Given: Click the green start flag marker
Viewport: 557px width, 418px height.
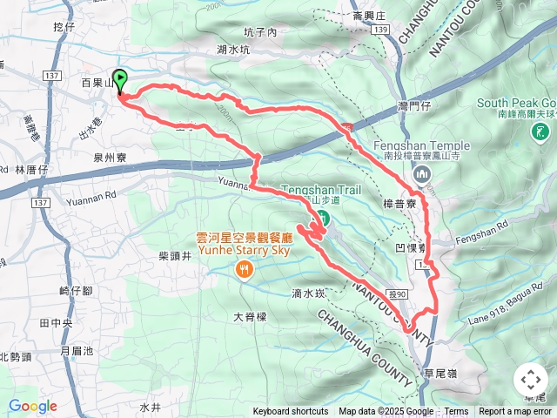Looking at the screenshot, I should point(119,79).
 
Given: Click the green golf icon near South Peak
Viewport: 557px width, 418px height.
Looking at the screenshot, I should point(541,132).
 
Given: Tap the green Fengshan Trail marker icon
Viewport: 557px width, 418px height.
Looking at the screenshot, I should point(322,217).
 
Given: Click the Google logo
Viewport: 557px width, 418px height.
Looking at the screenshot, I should point(32,406).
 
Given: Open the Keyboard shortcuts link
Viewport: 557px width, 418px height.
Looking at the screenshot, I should point(291,412).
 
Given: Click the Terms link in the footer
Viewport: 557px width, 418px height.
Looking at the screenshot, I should point(456,412).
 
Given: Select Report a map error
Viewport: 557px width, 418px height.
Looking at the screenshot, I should point(515,412).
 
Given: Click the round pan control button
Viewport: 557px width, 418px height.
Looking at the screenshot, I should point(530,380).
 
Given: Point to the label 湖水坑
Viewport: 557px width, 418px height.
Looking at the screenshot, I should point(233,50).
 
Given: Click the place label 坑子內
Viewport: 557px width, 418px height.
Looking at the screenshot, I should point(259,32).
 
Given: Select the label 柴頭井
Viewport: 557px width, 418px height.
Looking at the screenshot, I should point(175,256).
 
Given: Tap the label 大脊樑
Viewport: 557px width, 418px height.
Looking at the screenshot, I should point(250,317).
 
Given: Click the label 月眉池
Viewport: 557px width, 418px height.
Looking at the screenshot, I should point(77,350).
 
